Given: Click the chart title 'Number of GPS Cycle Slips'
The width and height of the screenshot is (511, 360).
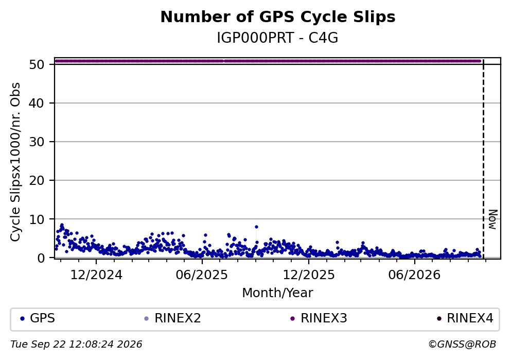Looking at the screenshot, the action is click(x=278, y=17).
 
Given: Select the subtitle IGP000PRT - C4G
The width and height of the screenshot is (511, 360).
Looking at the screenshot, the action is click(x=278, y=38).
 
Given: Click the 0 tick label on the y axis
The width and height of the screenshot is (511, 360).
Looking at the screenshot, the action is click(x=41, y=258).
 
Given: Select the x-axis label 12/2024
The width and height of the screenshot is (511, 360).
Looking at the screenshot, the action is click(x=96, y=275).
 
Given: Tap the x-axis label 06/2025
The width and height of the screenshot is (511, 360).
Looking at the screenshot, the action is click(x=202, y=275).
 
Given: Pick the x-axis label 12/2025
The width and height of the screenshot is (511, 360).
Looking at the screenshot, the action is click(x=309, y=275).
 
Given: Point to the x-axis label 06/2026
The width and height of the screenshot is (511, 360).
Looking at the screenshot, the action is click(x=414, y=275).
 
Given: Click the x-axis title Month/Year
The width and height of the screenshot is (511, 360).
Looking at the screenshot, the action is click(x=278, y=293).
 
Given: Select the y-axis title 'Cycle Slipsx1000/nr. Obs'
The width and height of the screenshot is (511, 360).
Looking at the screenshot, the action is click(x=15, y=162).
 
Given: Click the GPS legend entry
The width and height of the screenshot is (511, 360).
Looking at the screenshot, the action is click(x=38, y=318).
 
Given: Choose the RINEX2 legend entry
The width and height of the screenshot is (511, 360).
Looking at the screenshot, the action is click(x=173, y=318).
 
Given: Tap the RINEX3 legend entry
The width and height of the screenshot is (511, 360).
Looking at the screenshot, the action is click(x=319, y=318).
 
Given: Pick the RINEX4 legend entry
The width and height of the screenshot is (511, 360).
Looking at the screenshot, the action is click(x=465, y=318).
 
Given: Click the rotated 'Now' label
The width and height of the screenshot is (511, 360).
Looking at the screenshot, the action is click(x=494, y=219).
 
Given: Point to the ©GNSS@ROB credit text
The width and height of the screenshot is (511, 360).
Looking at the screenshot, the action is click(x=462, y=345).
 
